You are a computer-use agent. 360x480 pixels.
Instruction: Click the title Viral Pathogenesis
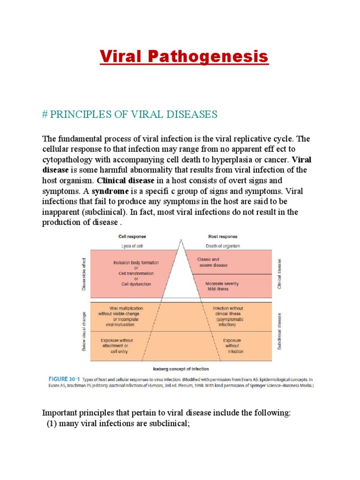coord(184,57)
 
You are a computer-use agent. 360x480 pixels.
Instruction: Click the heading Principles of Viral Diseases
coord(130,114)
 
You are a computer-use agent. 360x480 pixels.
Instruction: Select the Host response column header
coord(222,237)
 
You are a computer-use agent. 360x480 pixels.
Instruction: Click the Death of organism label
coord(223,246)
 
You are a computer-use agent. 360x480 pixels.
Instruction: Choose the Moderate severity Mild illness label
coord(222,286)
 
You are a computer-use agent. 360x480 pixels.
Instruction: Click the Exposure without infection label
coord(232,346)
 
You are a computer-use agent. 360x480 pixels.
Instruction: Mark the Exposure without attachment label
coord(117,345)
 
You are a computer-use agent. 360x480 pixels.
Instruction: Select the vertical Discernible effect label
coord(84,274)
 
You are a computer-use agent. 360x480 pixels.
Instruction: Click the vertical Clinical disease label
coord(280,274)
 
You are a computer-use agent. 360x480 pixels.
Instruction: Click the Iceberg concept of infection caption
coord(180,369)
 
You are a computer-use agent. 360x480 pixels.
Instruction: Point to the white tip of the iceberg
coord(180,277)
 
